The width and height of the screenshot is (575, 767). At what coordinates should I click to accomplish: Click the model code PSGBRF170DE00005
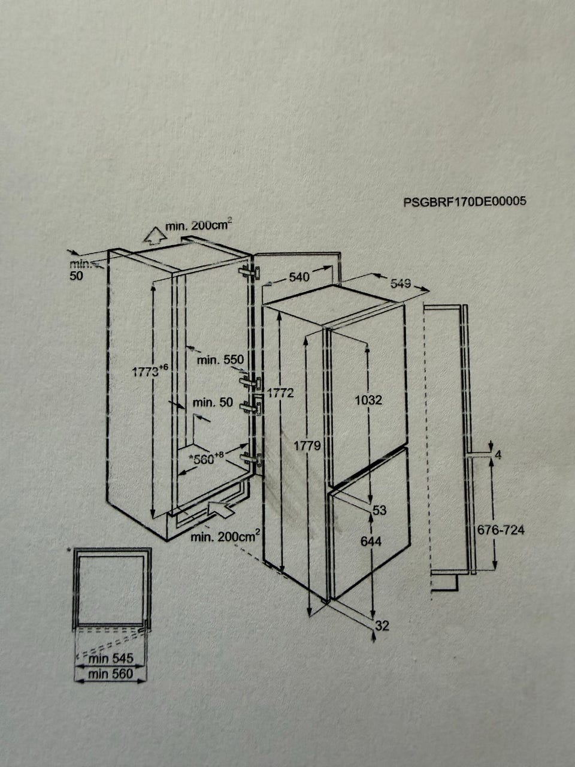[465, 201]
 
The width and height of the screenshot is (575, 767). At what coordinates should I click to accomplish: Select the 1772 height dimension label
[280, 393]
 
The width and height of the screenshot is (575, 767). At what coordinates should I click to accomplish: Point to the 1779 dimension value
[307, 446]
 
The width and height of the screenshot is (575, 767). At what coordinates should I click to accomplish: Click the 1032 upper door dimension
[368, 400]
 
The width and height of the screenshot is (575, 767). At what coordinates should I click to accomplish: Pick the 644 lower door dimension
[371, 541]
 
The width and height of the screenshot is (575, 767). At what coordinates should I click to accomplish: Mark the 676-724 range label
[501, 530]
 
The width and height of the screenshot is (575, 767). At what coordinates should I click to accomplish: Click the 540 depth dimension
[299, 277]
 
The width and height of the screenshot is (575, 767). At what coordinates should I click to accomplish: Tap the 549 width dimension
[401, 283]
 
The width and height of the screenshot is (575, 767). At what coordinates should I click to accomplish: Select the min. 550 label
[220, 360]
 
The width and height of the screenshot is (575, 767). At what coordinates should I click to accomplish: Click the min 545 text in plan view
[111, 658]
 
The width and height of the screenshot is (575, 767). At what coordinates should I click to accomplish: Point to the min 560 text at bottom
[110, 674]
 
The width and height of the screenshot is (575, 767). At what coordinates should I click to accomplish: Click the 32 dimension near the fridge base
[382, 625]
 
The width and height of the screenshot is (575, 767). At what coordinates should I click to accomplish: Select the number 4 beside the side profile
[498, 455]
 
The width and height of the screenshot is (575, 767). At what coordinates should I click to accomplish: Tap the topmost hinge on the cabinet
[250, 272]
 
